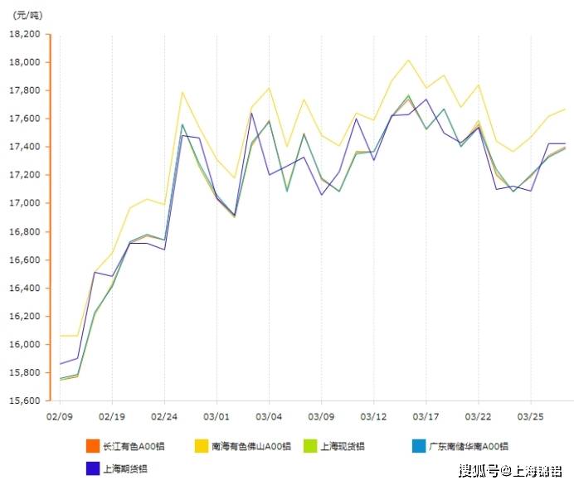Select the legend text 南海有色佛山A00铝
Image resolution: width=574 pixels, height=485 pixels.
tap(251, 446)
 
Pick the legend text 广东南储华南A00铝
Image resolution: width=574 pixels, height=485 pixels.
tap(469, 446)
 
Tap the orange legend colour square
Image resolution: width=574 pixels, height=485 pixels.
tap(92, 446)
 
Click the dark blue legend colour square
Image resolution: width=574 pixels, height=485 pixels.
tap(92, 468)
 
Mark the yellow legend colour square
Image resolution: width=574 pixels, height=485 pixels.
tap(202, 446)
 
